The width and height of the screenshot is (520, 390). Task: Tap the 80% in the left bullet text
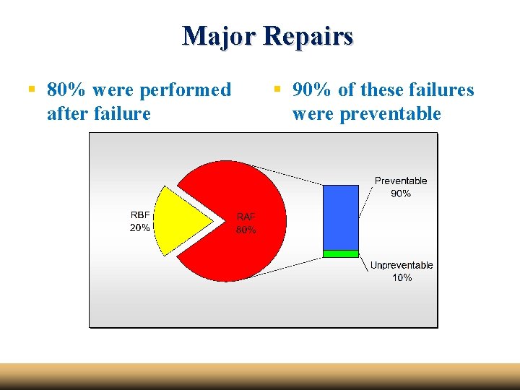67,90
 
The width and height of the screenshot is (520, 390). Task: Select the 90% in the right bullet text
313,90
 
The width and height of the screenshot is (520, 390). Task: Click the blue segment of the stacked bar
340,217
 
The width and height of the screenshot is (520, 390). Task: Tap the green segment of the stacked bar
340,253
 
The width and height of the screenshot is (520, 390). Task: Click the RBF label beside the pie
140,214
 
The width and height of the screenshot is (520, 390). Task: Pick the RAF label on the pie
246,217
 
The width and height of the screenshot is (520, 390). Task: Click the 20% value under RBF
140,227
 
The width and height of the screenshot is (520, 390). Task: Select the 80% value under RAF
246,230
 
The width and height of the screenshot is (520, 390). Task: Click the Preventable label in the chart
401,181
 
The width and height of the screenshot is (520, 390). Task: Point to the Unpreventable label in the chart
402,265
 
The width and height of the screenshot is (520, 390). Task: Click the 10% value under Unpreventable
402,278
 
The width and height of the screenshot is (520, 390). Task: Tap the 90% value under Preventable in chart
401,194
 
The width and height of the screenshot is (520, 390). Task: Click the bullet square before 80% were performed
31,90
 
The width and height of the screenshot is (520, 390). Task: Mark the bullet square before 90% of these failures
277,90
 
